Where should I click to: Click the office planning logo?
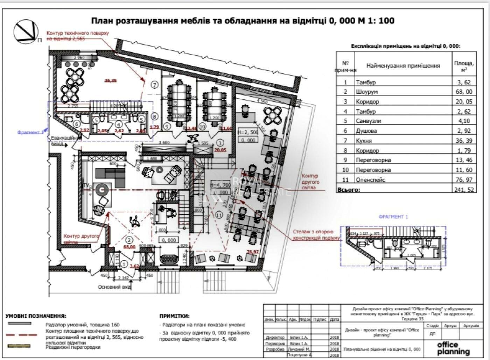(454, 348)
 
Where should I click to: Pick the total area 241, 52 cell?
(464, 190)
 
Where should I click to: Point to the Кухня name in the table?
(364, 141)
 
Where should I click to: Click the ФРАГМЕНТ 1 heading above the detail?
(393, 217)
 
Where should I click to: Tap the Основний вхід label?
(114, 287)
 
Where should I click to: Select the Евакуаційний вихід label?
(63, 140)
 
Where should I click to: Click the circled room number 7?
(155, 84)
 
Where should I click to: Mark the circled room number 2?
(129, 240)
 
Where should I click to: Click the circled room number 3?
(220, 143)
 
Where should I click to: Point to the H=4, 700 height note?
(220, 185)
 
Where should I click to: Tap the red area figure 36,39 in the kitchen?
(110, 80)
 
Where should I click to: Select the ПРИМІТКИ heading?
(174, 316)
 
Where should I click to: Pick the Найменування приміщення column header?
(403, 65)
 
